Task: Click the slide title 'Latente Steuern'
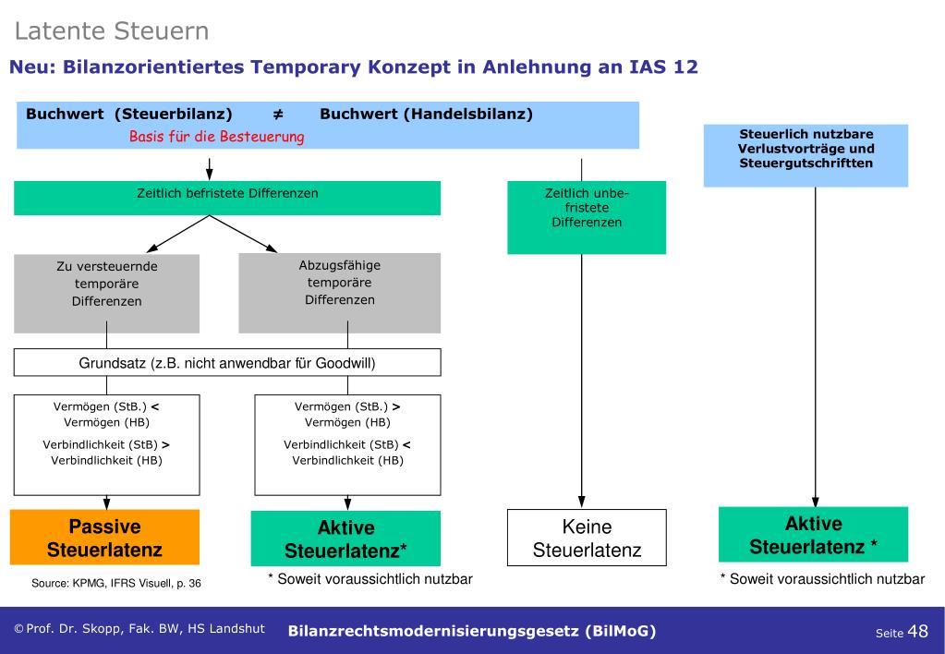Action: pos(112,31)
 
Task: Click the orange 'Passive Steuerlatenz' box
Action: pos(104,538)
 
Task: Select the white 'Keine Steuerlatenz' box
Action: pos(586,539)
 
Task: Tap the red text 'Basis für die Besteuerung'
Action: pos(216,137)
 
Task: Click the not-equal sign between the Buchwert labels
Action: pos(276,115)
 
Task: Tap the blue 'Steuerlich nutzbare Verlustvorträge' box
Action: pos(806,149)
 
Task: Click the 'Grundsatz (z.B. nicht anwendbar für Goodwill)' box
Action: pos(226,363)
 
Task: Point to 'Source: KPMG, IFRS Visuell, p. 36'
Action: pos(115,583)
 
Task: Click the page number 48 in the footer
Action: pos(917,631)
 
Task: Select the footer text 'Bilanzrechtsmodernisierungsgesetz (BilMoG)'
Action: pos(472,632)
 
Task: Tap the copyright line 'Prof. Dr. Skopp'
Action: pos(139,629)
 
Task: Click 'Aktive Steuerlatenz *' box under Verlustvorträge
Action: pos(813,535)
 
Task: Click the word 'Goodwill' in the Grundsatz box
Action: pos(344,363)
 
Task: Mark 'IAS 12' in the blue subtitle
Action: pos(660,67)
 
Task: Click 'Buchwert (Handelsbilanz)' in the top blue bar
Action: pos(426,115)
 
